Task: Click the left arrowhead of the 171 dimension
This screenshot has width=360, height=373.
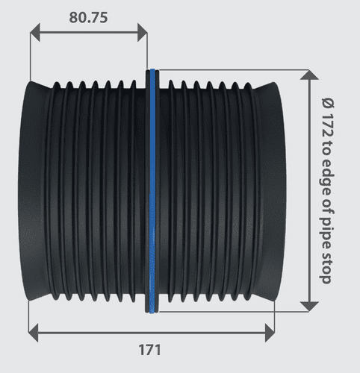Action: pyautogui.click(x=32, y=328)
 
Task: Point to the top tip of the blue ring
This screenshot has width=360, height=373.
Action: pyautogui.click(x=152, y=72)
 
